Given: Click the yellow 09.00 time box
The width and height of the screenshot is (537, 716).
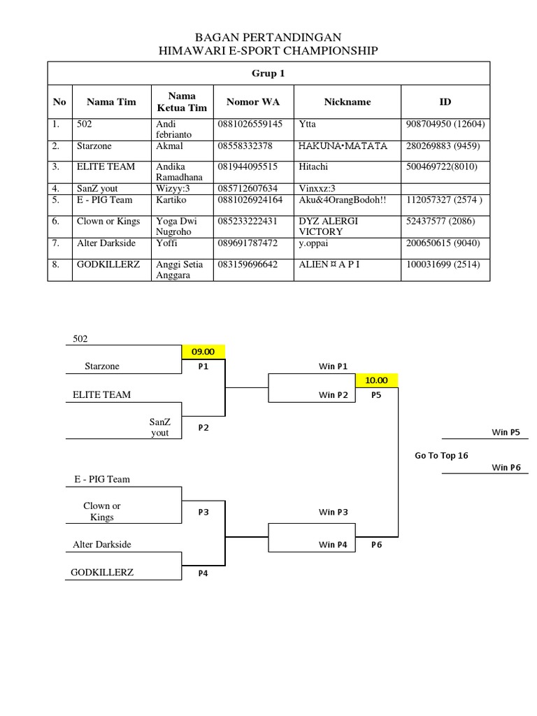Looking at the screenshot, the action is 203,352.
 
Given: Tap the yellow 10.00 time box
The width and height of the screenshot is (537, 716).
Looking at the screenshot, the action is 376,380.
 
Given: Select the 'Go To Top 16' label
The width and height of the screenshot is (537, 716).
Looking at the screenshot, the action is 441,455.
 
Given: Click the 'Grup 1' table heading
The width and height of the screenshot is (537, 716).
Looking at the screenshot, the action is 268,73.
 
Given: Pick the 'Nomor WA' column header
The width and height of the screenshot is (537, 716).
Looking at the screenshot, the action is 253,102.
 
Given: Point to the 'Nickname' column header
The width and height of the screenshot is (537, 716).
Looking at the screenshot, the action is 348,102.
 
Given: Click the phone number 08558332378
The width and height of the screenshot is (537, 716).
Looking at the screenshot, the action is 245,145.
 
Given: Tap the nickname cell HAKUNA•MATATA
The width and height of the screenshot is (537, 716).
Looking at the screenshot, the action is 343,145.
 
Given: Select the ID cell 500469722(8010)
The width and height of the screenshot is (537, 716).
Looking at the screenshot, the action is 442,166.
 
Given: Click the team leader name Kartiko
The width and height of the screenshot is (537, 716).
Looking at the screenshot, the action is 171,199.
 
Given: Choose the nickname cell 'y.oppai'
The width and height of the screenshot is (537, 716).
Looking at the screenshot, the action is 313,243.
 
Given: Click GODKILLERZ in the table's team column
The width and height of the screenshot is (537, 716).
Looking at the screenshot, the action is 108,264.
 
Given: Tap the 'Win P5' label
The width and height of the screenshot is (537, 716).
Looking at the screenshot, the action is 506,432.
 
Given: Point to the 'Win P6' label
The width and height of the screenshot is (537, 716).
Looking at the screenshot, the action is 506,467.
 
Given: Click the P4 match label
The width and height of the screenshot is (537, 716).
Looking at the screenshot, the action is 203,573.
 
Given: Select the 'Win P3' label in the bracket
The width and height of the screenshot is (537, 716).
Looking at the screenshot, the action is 334,512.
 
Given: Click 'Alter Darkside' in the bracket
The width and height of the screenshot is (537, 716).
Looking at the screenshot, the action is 102,544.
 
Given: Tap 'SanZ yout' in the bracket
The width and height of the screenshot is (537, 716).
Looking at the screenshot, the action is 160,427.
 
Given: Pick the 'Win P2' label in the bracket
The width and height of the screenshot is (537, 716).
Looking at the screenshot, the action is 334,395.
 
